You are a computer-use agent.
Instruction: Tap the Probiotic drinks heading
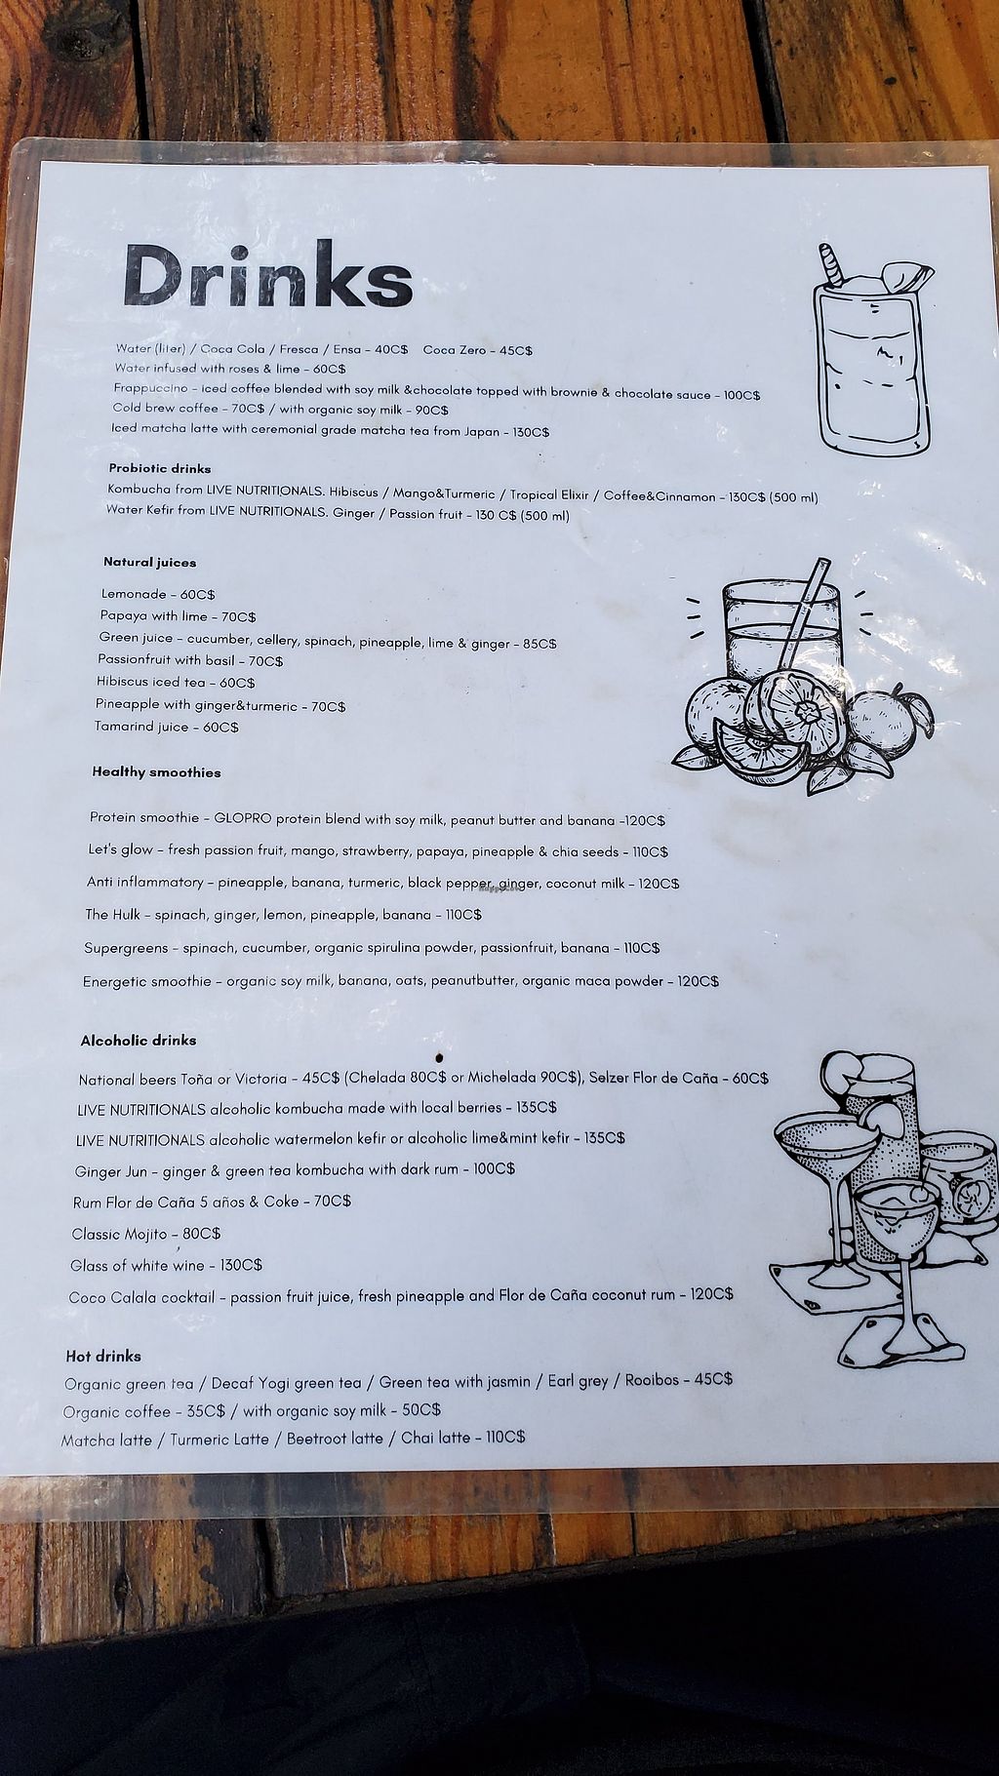pyautogui.click(x=160, y=468)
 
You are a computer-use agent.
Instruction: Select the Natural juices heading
pyautogui.click(x=149, y=562)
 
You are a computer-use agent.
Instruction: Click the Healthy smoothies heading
pyautogui.click(x=156, y=772)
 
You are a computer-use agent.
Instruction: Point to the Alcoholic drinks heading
pyautogui.click(x=139, y=1041)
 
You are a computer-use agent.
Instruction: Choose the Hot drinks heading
pyautogui.click(x=103, y=1356)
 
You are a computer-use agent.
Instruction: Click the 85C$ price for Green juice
pyautogui.click(x=539, y=644)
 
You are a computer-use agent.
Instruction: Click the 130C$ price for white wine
pyautogui.click(x=242, y=1265)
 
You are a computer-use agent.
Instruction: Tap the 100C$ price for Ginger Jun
pyautogui.click(x=495, y=1168)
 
